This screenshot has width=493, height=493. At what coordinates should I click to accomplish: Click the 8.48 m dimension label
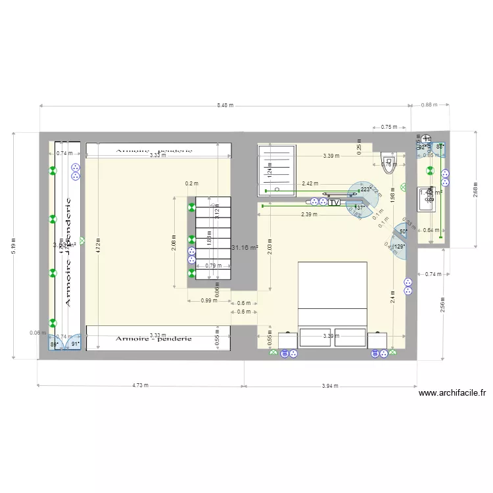225,105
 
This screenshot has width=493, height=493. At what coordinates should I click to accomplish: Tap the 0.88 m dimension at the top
429,105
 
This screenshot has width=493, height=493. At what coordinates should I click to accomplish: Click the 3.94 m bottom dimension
330,386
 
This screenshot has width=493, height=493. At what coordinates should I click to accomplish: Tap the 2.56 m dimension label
443,305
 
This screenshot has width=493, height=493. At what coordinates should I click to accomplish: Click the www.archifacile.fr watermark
452,394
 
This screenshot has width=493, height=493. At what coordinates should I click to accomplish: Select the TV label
333,203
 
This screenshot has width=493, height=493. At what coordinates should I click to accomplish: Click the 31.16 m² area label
245,247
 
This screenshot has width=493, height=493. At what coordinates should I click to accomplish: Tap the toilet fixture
388,162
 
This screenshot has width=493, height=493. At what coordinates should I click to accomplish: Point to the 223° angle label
365,189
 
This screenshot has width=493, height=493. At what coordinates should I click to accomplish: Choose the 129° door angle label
400,247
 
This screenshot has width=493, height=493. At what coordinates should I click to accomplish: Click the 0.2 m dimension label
191,183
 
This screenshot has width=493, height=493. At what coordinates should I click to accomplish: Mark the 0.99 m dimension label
209,300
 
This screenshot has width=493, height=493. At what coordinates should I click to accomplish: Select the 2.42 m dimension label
310,184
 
